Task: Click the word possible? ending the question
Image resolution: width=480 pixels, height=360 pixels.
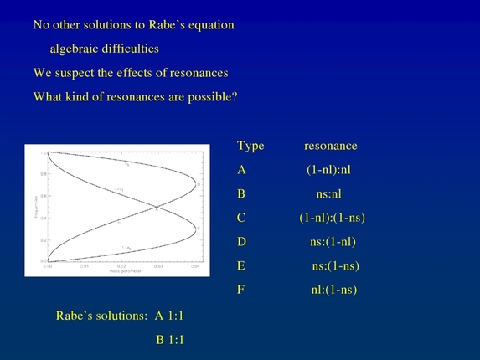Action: click(212, 96)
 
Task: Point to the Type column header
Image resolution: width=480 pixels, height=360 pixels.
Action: click(250, 146)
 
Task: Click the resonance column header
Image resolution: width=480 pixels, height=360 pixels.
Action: click(330, 146)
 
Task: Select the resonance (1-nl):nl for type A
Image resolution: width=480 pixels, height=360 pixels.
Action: click(332, 170)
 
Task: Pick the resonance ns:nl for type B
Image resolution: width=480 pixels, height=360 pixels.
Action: click(332, 194)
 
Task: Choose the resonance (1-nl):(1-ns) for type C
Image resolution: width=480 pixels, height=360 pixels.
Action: click(332, 218)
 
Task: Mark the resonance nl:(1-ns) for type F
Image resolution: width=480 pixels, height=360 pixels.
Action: click(333, 291)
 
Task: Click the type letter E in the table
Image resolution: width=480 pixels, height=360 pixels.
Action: click(241, 266)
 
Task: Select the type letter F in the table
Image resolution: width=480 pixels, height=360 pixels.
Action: click(241, 291)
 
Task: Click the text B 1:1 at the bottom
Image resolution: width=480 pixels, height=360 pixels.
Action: click(170, 340)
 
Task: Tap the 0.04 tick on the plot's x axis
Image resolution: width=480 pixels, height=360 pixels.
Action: click(194, 267)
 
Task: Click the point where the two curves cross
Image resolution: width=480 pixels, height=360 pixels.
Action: click(157, 208)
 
